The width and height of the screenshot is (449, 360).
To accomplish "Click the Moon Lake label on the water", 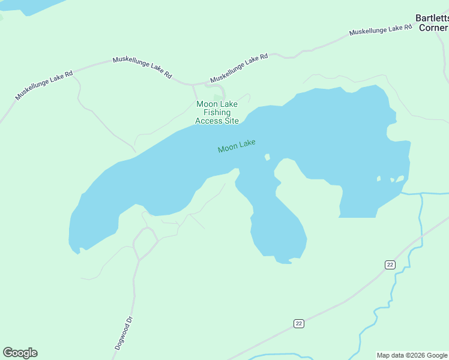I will click(x=237, y=146).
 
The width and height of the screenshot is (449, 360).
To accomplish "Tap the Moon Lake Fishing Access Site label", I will click(x=217, y=112).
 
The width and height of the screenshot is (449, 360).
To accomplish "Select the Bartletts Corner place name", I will click(x=432, y=23).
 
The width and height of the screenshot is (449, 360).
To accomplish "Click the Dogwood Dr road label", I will click(x=123, y=333).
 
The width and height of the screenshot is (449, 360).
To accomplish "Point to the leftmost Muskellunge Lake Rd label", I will click(x=44, y=85).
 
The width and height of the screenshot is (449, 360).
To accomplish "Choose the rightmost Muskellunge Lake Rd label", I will click(x=381, y=30).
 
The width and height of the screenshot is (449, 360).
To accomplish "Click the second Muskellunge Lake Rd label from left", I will click(x=142, y=68).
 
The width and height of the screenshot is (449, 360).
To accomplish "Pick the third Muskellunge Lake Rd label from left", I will click(x=239, y=68).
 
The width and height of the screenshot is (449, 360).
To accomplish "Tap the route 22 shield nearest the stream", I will click(x=390, y=265).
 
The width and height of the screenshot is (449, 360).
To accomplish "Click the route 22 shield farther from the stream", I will click(x=299, y=323).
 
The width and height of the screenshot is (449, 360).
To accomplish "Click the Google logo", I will click(x=20, y=353).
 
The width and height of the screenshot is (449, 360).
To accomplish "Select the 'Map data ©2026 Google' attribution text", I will click(x=412, y=355).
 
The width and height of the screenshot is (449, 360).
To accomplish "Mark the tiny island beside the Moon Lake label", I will click(x=267, y=157).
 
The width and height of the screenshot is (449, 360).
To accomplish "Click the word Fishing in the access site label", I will click(x=217, y=112).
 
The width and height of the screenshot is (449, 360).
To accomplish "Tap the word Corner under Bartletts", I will click(x=433, y=28).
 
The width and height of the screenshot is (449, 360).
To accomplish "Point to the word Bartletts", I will click(x=432, y=18).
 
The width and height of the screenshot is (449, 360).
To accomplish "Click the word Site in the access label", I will click(x=232, y=121).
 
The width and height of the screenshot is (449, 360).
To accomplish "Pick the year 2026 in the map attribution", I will click(x=415, y=355).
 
